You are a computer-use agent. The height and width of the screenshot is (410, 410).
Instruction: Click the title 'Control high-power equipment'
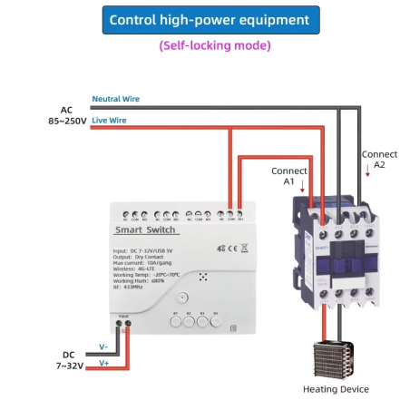point(210,20)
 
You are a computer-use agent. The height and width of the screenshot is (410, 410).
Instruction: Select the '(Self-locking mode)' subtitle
point(210,45)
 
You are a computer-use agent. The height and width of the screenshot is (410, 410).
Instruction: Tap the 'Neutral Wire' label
point(115,98)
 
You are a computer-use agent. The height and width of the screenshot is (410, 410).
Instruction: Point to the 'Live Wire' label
point(110,119)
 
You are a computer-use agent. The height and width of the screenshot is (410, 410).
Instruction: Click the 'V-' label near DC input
point(102,347)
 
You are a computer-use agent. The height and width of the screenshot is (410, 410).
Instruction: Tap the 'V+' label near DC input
point(102,362)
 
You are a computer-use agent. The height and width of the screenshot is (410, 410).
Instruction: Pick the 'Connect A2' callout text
point(379,160)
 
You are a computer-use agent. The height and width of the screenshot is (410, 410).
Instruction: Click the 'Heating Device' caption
point(336,389)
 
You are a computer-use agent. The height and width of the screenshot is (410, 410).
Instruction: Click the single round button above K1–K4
point(182,298)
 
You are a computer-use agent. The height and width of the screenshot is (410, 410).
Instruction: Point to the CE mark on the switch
point(232,247)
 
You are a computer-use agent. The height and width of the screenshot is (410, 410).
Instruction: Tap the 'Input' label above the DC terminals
point(122,316)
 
